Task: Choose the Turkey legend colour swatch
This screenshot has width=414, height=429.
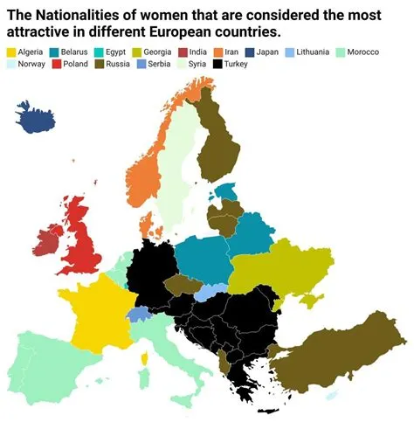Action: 217,66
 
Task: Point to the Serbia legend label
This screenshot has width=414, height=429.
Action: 160,66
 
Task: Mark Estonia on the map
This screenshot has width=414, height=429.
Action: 229,191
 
